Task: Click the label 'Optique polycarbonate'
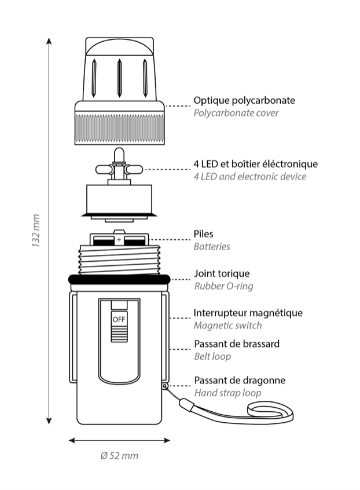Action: point(244,100)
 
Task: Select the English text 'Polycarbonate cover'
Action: point(236,113)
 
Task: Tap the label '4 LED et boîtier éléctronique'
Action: point(255,164)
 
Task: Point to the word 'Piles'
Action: point(203,234)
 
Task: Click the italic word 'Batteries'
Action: point(211,247)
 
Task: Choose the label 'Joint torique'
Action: point(222,273)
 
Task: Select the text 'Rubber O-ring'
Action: point(223,286)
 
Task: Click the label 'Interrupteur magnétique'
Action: point(248,313)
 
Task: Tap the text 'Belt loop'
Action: point(212,356)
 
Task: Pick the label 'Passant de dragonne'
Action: point(240,381)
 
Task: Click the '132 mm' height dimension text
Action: point(35,231)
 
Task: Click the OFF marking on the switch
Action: point(119,319)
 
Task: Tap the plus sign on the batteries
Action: point(119,239)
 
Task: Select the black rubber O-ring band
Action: point(119,279)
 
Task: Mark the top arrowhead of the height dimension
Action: point(49,42)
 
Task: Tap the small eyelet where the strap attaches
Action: point(165,385)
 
